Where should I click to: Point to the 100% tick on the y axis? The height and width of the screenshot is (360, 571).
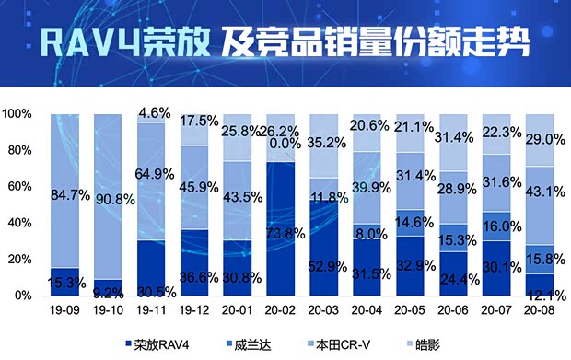(18, 114)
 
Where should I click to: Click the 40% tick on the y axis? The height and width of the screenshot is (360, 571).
(21, 223)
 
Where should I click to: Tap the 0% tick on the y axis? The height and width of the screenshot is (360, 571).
(24, 296)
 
